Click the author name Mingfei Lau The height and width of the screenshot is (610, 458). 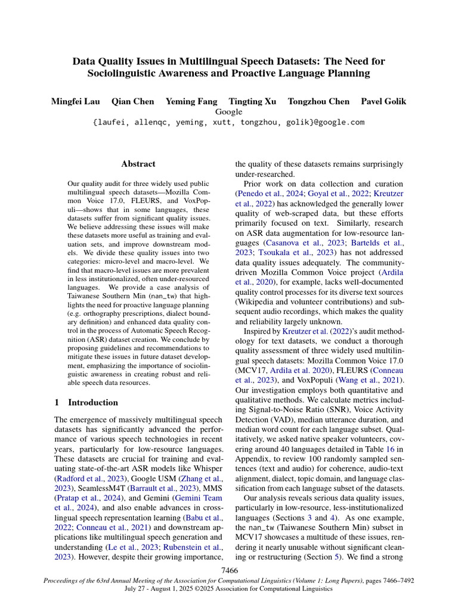coord(75,101)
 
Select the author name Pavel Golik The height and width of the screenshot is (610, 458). coord(383,101)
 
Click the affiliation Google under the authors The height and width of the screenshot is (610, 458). coord(228,111)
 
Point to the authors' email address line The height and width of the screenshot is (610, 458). coord(228,122)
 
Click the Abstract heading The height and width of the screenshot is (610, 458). coord(138,164)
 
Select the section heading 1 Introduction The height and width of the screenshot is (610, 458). coord(86,402)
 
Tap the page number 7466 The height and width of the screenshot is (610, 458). coord(229,571)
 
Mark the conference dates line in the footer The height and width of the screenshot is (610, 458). coord(229,589)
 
